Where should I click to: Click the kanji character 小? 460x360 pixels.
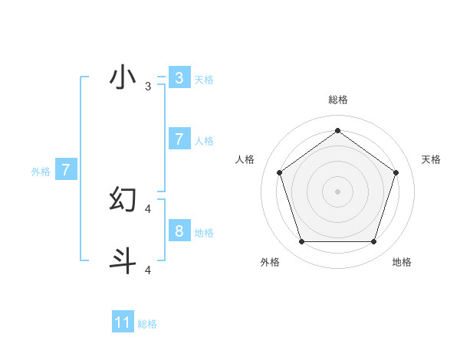pyautogui.click(x=123, y=77)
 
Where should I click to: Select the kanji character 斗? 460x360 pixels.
pyautogui.click(x=123, y=260)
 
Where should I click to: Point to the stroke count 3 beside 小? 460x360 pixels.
pyautogui.click(x=147, y=87)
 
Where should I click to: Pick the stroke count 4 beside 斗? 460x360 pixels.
pyautogui.click(x=147, y=270)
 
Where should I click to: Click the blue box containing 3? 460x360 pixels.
pyautogui.click(x=179, y=78)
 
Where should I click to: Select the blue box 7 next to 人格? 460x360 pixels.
pyautogui.click(x=179, y=139)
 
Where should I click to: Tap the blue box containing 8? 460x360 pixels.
pyautogui.click(x=179, y=231)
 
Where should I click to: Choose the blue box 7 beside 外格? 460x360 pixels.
pyautogui.click(x=66, y=170)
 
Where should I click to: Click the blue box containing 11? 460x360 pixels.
pyautogui.click(x=123, y=322)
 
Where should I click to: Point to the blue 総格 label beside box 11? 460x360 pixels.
pyautogui.click(x=147, y=324)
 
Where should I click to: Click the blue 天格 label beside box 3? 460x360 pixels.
pyautogui.click(x=204, y=80)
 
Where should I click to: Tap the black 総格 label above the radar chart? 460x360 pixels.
pyautogui.click(x=337, y=100)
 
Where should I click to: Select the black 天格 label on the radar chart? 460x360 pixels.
pyautogui.click(x=431, y=159)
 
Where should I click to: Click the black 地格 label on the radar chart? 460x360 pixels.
pyautogui.click(x=402, y=263)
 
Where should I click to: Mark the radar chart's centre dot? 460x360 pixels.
pyautogui.click(x=337, y=191)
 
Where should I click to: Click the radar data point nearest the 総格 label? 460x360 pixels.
pyautogui.click(x=337, y=131)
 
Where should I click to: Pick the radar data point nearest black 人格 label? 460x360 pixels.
pyautogui.click(x=279, y=172)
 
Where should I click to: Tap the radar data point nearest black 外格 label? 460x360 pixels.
pyautogui.click(x=301, y=242)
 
